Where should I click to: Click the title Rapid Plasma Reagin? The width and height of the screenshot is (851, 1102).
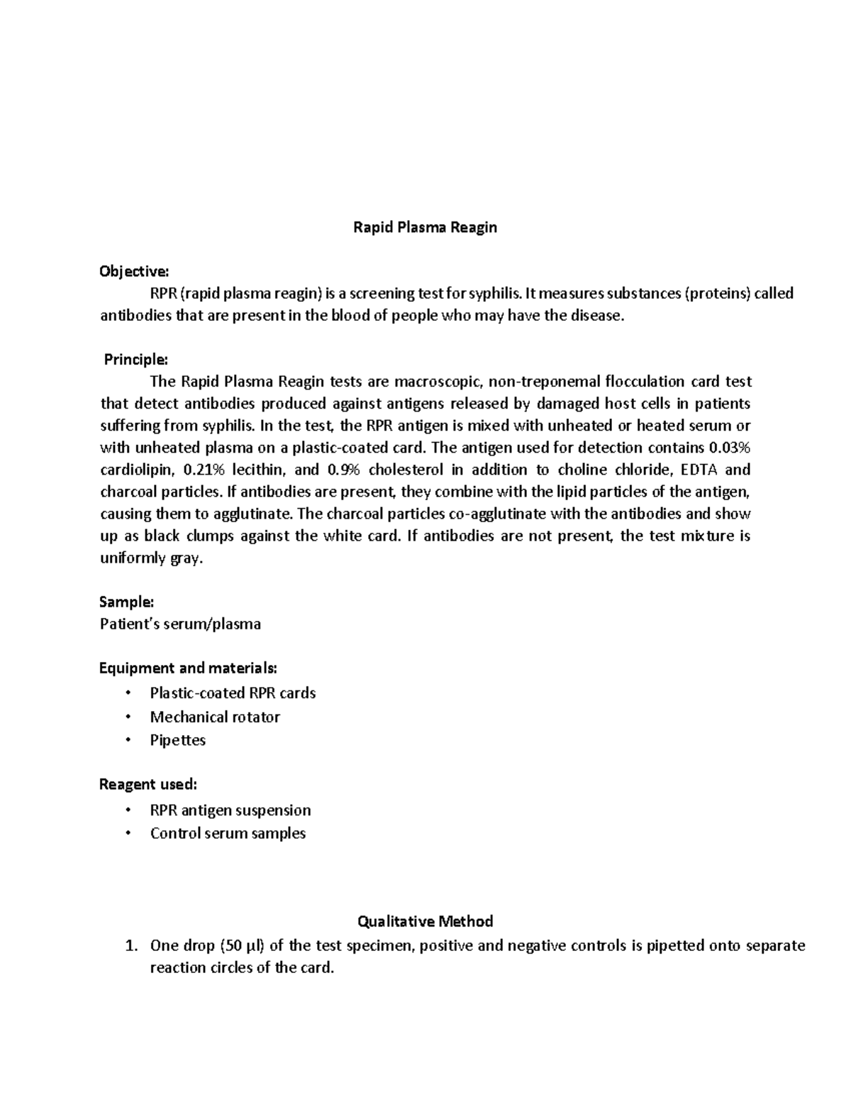click(x=425, y=227)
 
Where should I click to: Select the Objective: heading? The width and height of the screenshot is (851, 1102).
click(x=134, y=271)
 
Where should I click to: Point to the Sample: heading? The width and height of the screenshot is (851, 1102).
click(x=126, y=602)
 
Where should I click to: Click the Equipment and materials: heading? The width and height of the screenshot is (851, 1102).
click(x=188, y=668)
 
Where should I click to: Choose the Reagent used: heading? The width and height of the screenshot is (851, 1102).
click(x=148, y=784)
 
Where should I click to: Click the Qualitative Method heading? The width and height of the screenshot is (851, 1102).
click(x=425, y=921)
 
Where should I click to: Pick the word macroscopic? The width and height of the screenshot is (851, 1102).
click(x=438, y=382)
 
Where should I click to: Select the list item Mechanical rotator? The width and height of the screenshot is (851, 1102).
click(x=215, y=717)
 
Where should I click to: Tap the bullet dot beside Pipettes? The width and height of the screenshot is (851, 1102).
click(x=128, y=740)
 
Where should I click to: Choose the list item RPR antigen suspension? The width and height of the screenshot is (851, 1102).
click(x=230, y=810)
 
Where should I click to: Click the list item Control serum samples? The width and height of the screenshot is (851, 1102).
click(x=228, y=833)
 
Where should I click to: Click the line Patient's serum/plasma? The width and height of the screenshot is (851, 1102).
click(x=180, y=624)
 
